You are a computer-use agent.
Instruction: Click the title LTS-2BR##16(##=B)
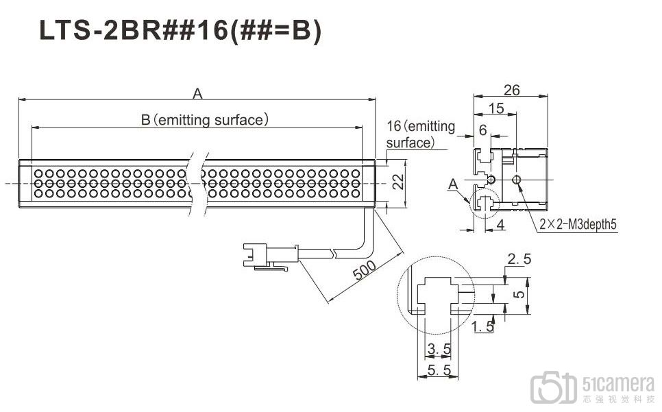180,30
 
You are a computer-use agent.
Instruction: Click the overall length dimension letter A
197,93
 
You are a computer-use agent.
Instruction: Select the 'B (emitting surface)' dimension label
204,120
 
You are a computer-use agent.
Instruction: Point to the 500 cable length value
365,270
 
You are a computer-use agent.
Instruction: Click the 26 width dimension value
512,90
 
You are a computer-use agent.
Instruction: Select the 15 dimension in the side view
496,108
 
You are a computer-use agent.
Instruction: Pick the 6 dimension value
483,130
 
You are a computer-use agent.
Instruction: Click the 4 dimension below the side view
500,225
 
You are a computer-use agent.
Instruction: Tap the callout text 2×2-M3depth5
578,224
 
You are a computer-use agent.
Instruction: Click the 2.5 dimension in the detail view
519,258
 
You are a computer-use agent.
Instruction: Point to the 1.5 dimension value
482,326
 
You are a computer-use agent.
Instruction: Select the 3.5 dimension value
439,349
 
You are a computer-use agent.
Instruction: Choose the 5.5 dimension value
439,370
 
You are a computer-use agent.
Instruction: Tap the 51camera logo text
619,384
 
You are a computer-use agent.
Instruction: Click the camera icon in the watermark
554,387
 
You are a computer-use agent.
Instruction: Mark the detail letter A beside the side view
453,184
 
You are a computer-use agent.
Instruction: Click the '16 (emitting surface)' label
421,134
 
